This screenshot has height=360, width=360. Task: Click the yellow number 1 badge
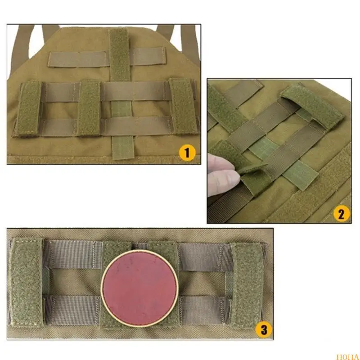[x=187, y=153]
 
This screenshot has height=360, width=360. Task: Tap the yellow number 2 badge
[x=342, y=213]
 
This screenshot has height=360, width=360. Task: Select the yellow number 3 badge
[x=264, y=329]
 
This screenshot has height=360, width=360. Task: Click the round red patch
[x=139, y=288]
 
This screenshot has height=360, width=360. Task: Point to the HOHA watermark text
[x=348, y=357]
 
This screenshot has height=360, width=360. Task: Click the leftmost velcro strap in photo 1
[x=28, y=108]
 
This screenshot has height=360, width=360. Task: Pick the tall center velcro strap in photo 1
[x=119, y=54]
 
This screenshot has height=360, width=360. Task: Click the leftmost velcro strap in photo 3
[x=26, y=282]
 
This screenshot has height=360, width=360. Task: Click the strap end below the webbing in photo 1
[x=123, y=148]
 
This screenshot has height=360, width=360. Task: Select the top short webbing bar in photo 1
[x=106, y=58]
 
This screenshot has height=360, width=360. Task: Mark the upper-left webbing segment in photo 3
[x=73, y=254]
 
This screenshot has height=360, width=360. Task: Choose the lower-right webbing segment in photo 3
[x=205, y=310]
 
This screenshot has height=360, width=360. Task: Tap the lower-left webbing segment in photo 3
[x=72, y=310]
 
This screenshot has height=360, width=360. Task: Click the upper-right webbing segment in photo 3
[x=205, y=257]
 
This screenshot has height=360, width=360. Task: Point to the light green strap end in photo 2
[x=300, y=175]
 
